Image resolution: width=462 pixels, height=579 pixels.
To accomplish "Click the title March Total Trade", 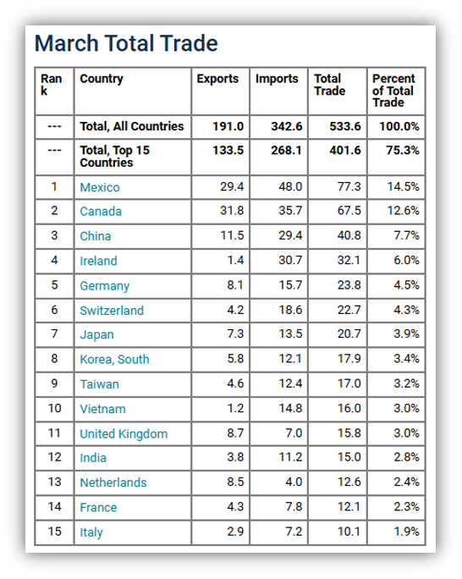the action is click(x=126, y=43).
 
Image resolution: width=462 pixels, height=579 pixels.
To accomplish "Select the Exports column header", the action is click(x=217, y=79).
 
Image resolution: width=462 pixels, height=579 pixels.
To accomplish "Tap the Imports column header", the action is click(x=277, y=79).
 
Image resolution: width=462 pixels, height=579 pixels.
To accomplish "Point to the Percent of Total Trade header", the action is click(x=393, y=91).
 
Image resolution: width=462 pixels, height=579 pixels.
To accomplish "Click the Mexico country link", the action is click(x=100, y=187).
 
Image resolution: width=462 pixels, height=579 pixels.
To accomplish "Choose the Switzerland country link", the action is click(x=112, y=311).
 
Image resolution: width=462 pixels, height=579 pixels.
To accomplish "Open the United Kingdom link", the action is click(x=124, y=433).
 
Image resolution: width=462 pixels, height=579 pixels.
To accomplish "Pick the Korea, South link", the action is click(x=115, y=359).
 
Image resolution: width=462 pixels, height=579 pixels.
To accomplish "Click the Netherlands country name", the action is click(x=113, y=482).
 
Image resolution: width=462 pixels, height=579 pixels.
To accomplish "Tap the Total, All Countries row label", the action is click(x=132, y=126).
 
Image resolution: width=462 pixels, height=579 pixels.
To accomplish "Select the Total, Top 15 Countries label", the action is click(x=115, y=157).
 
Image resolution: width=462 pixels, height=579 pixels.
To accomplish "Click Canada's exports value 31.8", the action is click(x=232, y=211).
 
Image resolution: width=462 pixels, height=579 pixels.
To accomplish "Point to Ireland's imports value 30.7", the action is click(x=290, y=261).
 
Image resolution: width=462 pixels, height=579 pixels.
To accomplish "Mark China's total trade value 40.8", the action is click(x=349, y=235).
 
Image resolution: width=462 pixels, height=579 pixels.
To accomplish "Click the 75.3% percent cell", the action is click(x=403, y=151).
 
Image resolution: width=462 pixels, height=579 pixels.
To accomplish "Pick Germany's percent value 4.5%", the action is click(x=406, y=285).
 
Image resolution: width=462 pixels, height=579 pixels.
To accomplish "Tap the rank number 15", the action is click(x=55, y=532).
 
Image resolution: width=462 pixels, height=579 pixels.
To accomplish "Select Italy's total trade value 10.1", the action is click(x=349, y=532).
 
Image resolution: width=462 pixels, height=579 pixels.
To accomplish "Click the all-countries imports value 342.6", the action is click(x=287, y=126).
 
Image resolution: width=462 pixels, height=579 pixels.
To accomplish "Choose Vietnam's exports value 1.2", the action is click(x=235, y=408).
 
